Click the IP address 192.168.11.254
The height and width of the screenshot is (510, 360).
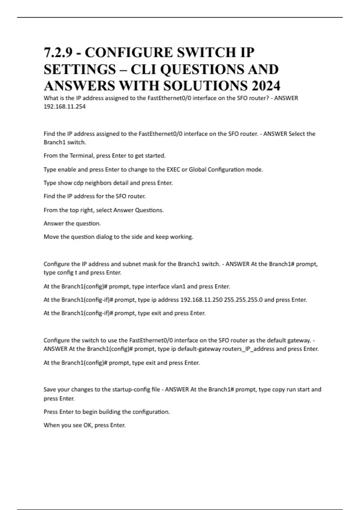pos(64,106)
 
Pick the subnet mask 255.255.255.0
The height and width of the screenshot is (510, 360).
pos(243,300)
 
